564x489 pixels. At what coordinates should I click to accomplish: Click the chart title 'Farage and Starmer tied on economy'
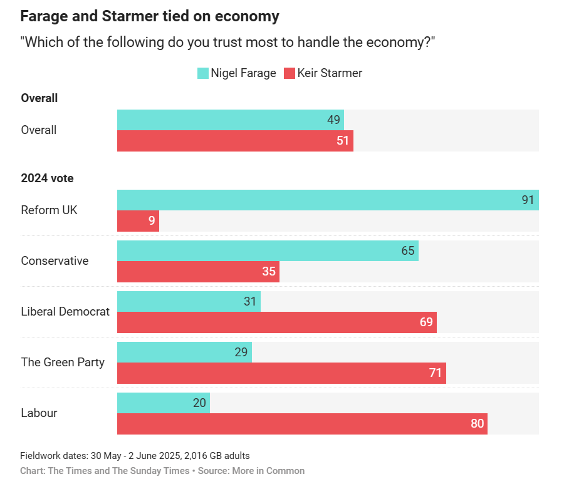(x=150, y=16)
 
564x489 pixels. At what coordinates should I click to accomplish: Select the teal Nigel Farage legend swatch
(x=202, y=73)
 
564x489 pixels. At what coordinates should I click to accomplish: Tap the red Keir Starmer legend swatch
(x=289, y=73)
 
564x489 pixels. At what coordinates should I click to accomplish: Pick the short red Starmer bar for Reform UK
(x=138, y=221)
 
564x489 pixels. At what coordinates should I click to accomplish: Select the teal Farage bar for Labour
(x=164, y=403)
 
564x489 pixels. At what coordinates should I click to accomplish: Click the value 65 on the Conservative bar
(x=408, y=251)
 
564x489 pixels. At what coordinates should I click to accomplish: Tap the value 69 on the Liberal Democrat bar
(x=426, y=322)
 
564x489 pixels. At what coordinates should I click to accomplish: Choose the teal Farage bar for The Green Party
(x=184, y=353)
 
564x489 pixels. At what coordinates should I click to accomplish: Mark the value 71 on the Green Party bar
(x=436, y=373)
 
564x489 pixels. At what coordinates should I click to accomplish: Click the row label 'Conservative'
(x=55, y=261)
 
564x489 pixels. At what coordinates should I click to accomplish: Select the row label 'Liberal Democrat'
(x=65, y=312)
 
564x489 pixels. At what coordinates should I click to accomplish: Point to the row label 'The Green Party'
(x=63, y=363)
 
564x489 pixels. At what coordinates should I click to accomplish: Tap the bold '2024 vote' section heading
(x=47, y=178)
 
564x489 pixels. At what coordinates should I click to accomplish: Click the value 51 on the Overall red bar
(x=343, y=141)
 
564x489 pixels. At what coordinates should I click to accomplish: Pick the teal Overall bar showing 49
(x=230, y=120)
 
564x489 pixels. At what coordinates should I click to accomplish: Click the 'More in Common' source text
(x=268, y=471)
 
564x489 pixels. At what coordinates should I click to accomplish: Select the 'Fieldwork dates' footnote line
(x=135, y=456)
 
